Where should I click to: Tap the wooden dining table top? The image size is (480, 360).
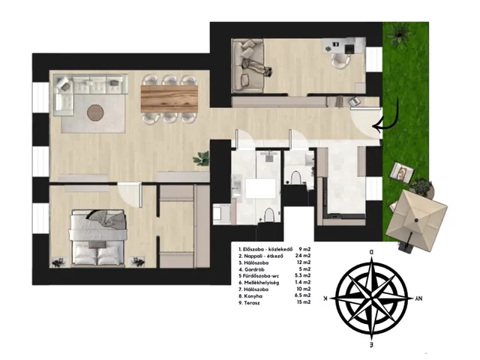(x=169, y=99)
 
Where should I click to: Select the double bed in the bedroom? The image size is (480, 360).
(x=98, y=238)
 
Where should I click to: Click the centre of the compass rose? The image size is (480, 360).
(x=372, y=298)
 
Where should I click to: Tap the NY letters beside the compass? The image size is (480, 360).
(x=418, y=298)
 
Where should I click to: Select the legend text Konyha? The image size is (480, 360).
(x=253, y=296)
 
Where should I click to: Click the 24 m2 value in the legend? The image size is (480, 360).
(x=303, y=256)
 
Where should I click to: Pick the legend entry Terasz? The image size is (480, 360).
(x=252, y=303)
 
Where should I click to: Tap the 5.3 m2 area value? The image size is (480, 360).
(x=302, y=276)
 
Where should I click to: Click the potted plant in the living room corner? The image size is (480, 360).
(x=202, y=158)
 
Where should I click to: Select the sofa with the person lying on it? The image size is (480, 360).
(x=247, y=67)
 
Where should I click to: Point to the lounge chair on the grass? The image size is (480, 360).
(x=402, y=172)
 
